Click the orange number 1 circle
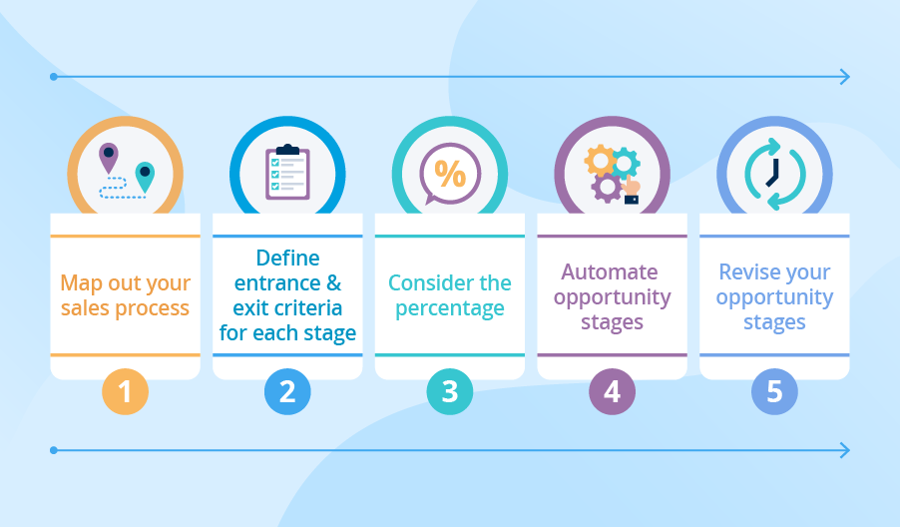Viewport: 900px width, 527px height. coord(125,391)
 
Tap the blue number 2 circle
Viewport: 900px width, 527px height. coord(287,391)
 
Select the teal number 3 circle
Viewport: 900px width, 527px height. coord(450,391)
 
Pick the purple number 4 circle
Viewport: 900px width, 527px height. coord(612,391)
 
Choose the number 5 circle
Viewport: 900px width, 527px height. coord(774,391)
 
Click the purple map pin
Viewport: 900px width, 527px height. coord(108,156)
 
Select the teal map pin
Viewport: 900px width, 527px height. coord(145,176)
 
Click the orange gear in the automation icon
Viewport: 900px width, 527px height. coord(600,160)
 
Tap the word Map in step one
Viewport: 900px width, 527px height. coord(82,282)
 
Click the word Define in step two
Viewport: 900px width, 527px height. coord(287,258)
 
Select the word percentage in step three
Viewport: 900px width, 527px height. coord(450,307)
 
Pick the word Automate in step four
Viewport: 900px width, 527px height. coord(610,271)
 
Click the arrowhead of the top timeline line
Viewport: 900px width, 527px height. coord(845,77)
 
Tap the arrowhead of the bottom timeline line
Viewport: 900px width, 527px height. coord(845,450)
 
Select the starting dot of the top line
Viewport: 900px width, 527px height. coord(53,77)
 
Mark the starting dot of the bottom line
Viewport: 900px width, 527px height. coord(53,450)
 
